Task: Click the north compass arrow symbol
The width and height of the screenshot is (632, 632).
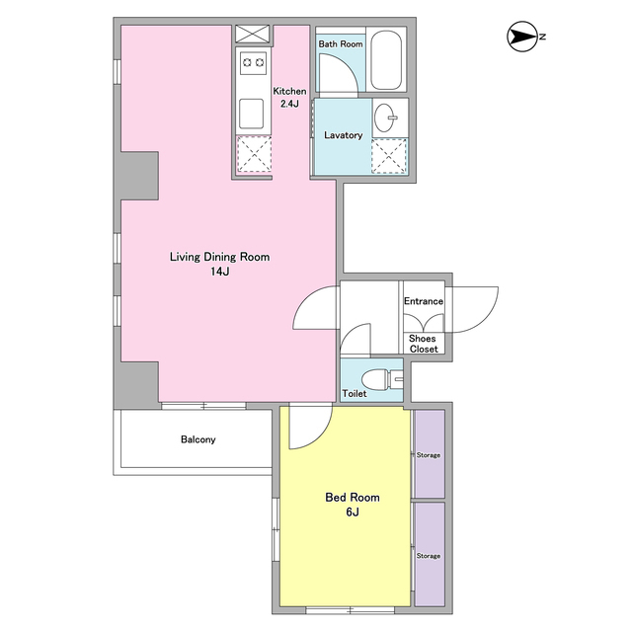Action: [x=522, y=37]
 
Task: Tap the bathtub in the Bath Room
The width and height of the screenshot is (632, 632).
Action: [x=386, y=59]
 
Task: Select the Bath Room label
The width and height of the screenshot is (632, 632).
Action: [x=341, y=43]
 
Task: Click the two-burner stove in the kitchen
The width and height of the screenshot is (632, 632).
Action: [x=253, y=62]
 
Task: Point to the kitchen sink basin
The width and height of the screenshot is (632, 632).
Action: [x=251, y=114]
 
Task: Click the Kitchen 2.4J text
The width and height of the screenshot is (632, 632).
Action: [x=289, y=97]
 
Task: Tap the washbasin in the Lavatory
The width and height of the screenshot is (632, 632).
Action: [x=384, y=118]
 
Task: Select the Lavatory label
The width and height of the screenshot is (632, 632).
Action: [x=343, y=135]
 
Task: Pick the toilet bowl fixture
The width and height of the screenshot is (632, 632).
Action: [x=381, y=379]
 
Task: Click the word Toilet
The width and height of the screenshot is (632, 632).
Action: [x=355, y=393]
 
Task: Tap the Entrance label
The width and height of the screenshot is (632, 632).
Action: [x=424, y=301]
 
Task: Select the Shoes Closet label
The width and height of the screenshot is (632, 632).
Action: [x=423, y=344]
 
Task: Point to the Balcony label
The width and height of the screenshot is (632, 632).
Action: [x=197, y=439]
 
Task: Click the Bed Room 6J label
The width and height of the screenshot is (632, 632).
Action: [x=353, y=505]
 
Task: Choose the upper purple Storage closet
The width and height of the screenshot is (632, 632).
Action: [x=430, y=454]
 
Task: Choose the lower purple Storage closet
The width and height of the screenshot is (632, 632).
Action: [x=430, y=554]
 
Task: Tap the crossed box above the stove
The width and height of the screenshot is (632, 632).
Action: [x=253, y=34]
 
